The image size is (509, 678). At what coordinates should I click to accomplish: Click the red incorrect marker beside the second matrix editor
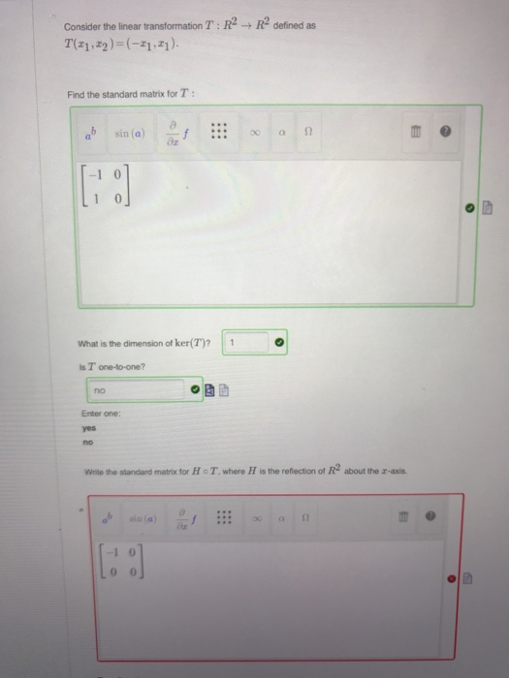coord(452,579)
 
